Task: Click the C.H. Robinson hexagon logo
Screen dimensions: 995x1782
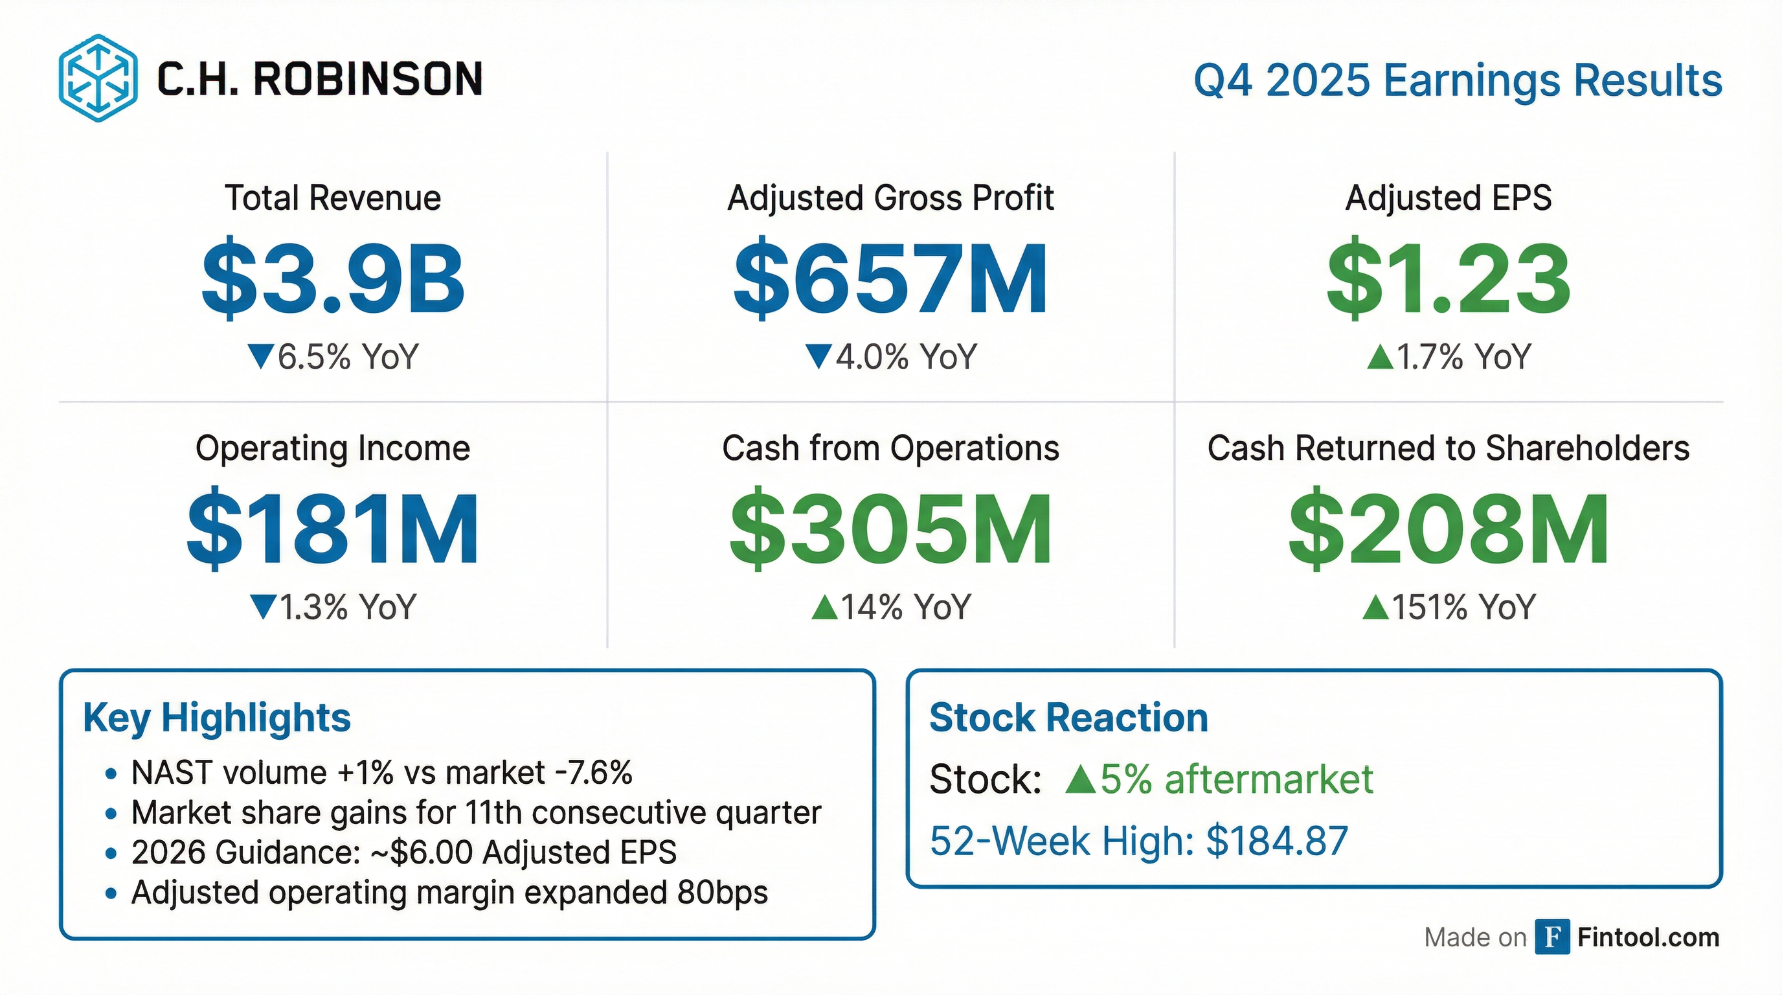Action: [98, 78]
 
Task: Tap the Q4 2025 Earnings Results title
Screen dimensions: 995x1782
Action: [1458, 80]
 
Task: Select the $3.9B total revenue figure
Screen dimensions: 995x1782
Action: [333, 278]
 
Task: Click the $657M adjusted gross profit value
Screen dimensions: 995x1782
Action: [890, 278]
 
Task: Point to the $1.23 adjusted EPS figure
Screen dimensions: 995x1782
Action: [1448, 278]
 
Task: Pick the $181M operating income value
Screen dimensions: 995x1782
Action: [333, 529]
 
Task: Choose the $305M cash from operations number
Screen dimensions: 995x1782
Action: [890, 529]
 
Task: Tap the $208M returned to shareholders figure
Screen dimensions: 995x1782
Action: [1448, 529]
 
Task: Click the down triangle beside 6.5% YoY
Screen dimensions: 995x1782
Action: [261, 356]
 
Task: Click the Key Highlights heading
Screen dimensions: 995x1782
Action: [216, 718]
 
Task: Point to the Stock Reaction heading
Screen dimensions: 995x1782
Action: [1068, 718]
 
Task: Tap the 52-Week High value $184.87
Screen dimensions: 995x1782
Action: [1277, 841]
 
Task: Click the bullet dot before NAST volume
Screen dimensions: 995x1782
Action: [111, 773]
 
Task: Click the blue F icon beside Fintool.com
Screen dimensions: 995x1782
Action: [1551, 937]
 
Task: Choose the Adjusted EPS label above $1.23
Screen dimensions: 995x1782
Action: [1448, 198]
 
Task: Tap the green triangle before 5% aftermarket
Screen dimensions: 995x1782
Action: [1081, 780]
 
